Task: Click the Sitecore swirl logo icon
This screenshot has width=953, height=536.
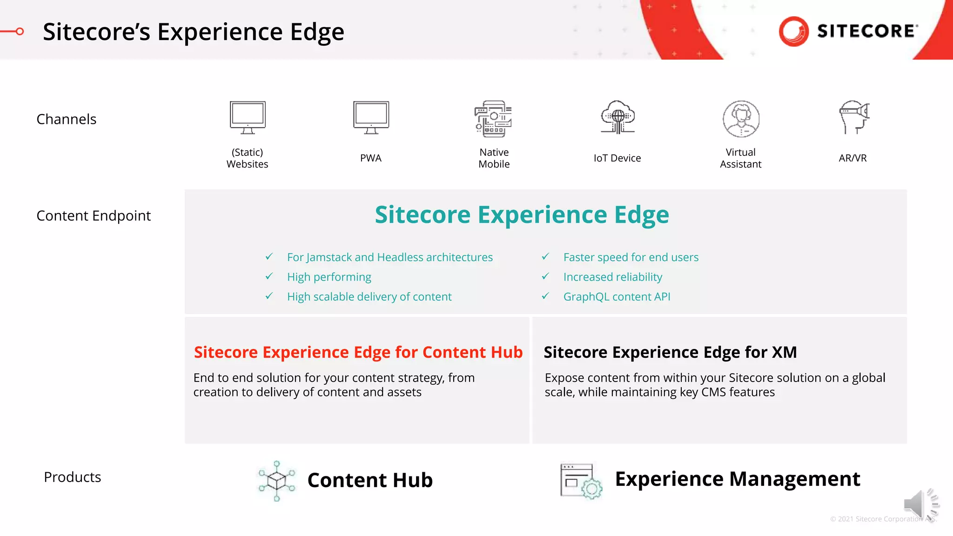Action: click(x=794, y=31)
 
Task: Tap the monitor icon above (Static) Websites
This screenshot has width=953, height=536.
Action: click(x=248, y=117)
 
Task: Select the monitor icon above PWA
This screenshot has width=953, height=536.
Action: click(x=371, y=117)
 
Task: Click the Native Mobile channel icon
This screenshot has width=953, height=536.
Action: click(x=493, y=119)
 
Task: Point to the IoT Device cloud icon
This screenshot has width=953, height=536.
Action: click(x=617, y=117)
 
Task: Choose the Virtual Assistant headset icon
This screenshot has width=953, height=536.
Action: click(x=741, y=119)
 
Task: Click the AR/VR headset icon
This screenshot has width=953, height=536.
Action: click(x=854, y=117)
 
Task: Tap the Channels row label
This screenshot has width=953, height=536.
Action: click(x=67, y=119)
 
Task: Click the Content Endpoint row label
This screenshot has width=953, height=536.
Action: click(x=94, y=216)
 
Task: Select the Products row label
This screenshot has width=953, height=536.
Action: click(x=73, y=477)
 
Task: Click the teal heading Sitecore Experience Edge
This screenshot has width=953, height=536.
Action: click(x=522, y=214)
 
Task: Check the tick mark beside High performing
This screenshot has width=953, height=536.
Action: click(x=269, y=276)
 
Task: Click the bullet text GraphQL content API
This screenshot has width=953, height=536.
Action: click(x=617, y=297)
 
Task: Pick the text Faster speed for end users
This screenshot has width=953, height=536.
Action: click(x=631, y=257)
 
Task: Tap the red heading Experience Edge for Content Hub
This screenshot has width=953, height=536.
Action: click(x=358, y=352)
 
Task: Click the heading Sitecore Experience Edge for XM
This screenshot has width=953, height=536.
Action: click(x=670, y=352)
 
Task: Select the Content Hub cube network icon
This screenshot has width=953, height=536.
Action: click(x=277, y=481)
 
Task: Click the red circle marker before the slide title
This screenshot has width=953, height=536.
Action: click(x=20, y=32)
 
